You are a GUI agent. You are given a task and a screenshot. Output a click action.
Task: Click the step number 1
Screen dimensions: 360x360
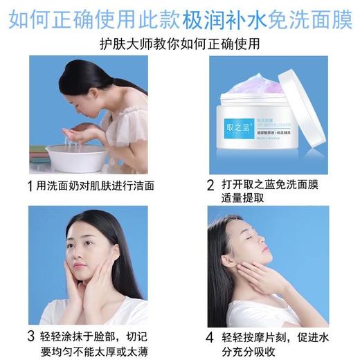(x=28, y=186)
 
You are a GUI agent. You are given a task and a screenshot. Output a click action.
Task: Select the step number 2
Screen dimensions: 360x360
(x=210, y=186)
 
